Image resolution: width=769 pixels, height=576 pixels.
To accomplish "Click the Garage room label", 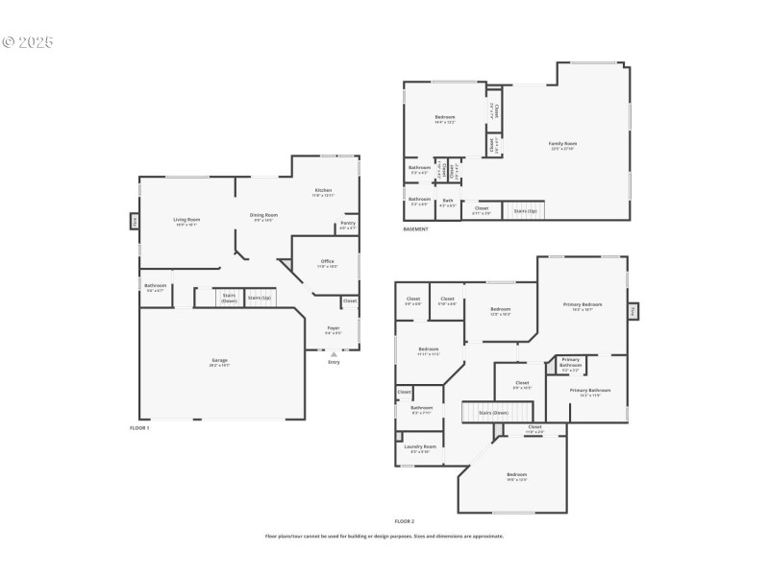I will (x=220, y=362).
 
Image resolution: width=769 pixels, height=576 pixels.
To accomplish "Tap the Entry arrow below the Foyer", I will (x=334, y=354).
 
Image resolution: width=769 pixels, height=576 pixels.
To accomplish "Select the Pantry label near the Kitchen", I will (x=347, y=225).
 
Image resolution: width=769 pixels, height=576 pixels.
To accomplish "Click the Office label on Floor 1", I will (x=328, y=262).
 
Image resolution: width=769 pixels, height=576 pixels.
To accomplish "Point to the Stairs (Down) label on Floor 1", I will (x=229, y=298).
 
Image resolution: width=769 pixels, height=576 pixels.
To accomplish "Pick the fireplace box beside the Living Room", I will (x=136, y=221).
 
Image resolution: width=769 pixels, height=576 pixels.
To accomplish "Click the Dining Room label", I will (x=263, y=216).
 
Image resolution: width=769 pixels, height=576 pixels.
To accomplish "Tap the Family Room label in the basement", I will (x=562, y=145).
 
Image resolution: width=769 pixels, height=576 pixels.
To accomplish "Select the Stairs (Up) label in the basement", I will (x=525, y=209).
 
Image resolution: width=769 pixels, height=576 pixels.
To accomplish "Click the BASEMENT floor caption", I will (x=416, y=228).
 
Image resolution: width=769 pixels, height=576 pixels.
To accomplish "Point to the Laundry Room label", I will (x=419, y=447).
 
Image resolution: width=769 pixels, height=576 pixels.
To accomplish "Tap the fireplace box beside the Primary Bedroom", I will (x=633, y=311).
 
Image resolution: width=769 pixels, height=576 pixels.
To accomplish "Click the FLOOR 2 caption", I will (x=404, y=520).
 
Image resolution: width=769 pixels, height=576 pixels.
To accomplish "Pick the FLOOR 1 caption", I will (x=139, y=426).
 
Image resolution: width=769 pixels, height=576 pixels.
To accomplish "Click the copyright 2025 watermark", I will (x=28, y=43).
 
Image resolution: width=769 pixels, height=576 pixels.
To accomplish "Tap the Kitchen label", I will (x=323, y=191).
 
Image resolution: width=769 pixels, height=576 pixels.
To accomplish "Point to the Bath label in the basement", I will (x=448, y=202).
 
